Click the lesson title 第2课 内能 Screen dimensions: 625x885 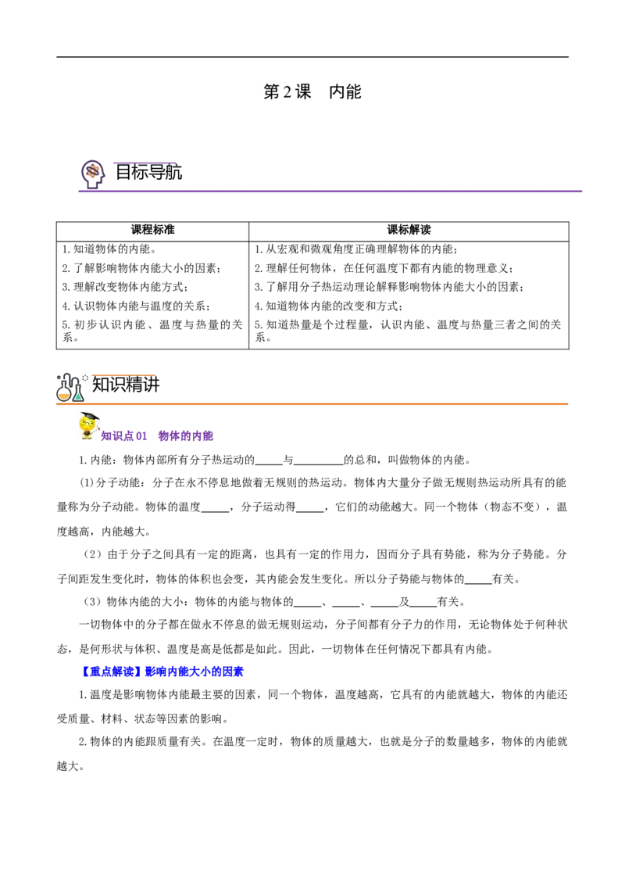(x=312, y=92)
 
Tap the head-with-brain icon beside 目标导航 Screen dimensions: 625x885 (x=93, y=174)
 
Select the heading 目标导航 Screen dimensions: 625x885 (x=148, y=172)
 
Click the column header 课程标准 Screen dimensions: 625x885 (x=153, y=230)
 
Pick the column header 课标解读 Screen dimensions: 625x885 (x=409, y=230)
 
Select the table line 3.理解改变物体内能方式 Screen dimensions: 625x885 (x=125, y=287)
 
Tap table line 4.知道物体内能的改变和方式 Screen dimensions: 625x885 (x=328, y=306)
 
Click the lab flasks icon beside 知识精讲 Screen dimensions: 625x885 (x=70, y=388)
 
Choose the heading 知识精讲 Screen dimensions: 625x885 (x=126, y=385)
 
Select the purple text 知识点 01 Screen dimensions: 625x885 (x=123, y=435)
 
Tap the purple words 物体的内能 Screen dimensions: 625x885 (x=186, y=435)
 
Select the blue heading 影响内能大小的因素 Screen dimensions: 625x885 (x=195, y=672)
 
